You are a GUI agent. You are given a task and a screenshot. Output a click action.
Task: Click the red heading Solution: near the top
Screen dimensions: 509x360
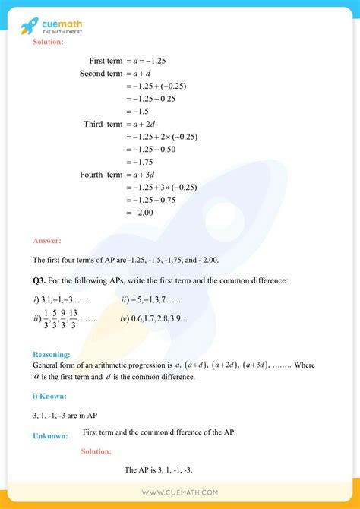coord(48,42)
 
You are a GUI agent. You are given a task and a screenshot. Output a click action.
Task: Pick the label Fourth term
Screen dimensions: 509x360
coord(101,175)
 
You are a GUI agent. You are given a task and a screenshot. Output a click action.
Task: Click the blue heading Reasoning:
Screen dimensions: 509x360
coord(52,354)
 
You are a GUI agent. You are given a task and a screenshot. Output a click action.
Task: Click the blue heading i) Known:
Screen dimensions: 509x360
coord(49,397)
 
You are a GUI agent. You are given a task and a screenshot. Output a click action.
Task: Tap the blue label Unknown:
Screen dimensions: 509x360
coord(50,435)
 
